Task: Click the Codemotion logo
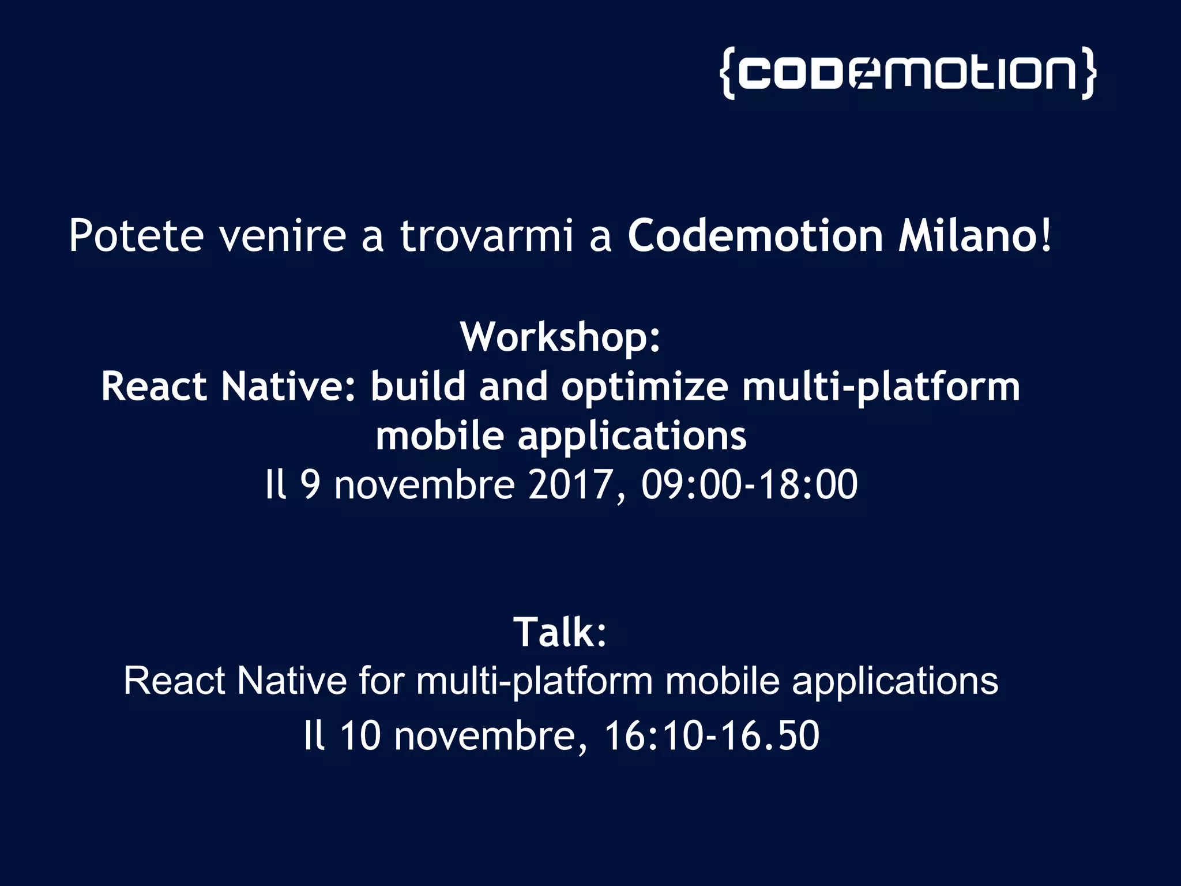point(908,73)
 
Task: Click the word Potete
point(136,236)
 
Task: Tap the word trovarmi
point(487,236)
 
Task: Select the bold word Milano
point(969,236)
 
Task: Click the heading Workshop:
point(560,337)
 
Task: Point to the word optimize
point(644,386)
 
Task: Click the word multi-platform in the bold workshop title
point(881,386)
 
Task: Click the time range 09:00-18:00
point(749,485)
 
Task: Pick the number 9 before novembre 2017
point(310,485)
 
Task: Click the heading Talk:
point(560,632)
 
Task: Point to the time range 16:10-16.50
point(711,736)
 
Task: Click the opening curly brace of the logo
point(728,73)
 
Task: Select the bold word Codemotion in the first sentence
point(755,236)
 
